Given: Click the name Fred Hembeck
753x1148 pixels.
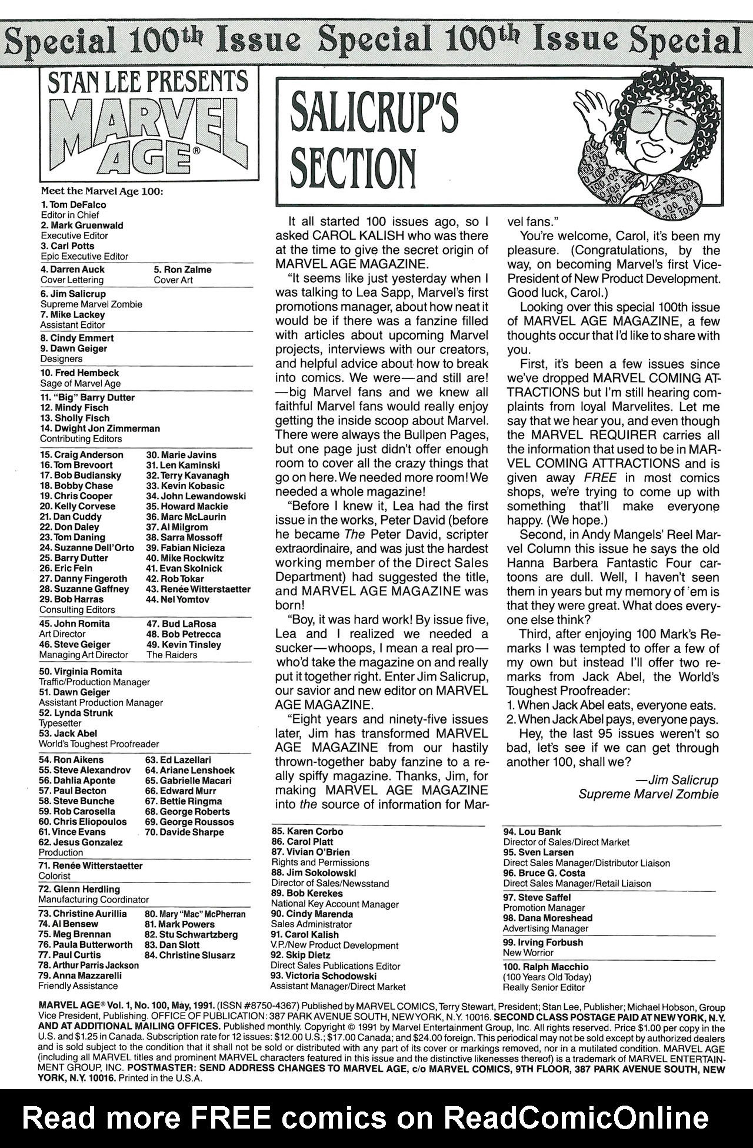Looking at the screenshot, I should (79, 373).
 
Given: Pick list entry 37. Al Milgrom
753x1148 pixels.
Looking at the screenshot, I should (177, 527).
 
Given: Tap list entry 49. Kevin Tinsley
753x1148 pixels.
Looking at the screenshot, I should (184, 645).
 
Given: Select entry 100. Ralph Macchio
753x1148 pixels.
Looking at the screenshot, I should (545, 967).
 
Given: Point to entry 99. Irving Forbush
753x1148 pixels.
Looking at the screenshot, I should (543, 943).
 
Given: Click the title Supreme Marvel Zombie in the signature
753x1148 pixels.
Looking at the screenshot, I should (648, 794).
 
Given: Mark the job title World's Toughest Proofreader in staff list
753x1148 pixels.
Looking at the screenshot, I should (99, 744).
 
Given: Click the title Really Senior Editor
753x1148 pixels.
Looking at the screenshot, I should (544, 987).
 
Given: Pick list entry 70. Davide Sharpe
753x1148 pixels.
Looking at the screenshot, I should (184, 832).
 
